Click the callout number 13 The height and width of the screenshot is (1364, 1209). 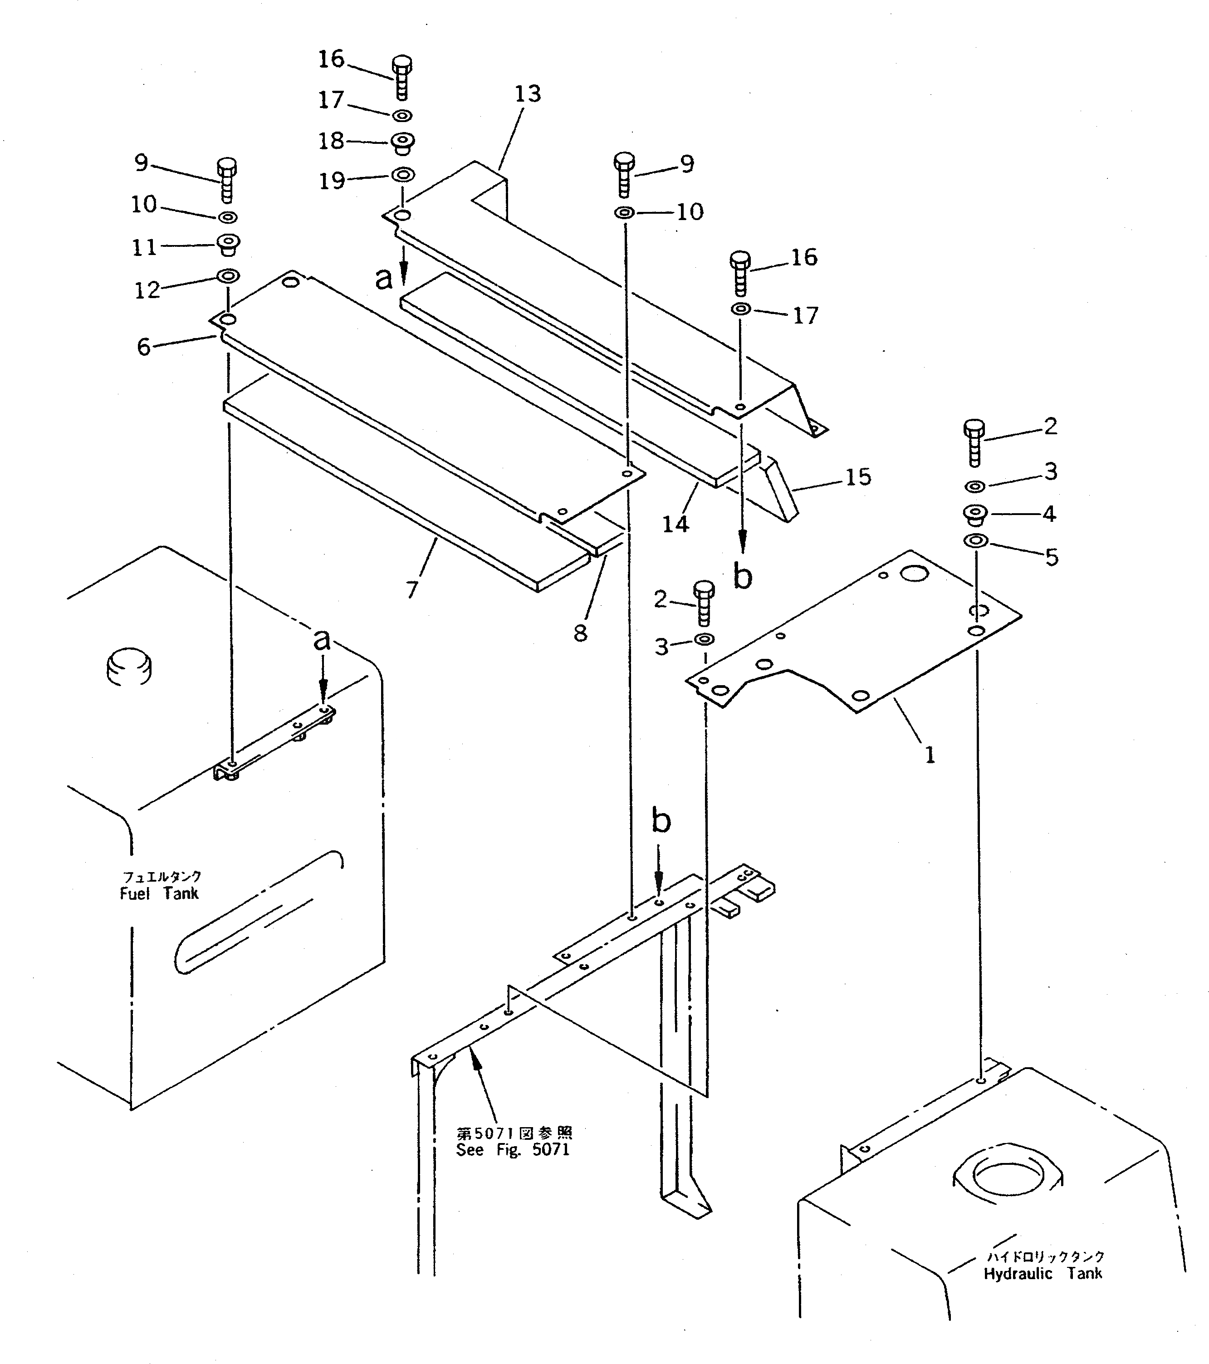527,94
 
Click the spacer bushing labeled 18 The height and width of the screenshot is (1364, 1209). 402,142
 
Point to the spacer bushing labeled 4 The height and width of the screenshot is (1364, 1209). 975,515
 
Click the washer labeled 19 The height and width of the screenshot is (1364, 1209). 402,175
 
